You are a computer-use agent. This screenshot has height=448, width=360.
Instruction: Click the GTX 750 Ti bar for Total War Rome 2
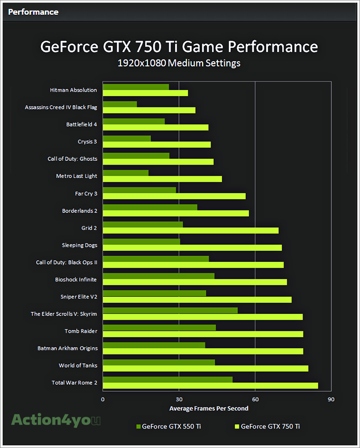point(210,385)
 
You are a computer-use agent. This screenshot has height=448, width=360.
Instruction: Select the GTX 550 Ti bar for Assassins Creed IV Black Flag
point(119,104)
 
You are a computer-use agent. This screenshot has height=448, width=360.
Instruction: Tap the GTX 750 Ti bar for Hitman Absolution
point(145,93)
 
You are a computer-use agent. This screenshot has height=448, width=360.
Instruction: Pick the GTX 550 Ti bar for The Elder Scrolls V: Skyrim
point(170,310)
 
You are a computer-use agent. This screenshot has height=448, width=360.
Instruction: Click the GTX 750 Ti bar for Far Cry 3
point(174,196)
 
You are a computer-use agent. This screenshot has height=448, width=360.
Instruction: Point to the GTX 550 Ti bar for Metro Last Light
point(125,173)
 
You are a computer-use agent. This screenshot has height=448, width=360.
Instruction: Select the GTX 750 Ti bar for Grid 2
point(190,230)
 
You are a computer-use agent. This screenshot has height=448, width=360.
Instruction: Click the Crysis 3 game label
point(87,141)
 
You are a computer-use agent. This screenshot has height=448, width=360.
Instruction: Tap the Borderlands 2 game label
point(79,211)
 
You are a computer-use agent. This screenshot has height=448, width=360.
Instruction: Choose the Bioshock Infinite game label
point(76,280)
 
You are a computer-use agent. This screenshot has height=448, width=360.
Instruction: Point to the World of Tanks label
point(78,365)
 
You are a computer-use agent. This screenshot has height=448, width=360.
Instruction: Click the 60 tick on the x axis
point(255,400)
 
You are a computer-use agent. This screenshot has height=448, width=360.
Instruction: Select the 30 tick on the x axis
point(179,400)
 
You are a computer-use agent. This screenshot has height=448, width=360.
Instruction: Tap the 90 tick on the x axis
point(331,400)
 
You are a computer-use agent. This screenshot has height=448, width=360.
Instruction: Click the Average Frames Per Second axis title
point(208,409)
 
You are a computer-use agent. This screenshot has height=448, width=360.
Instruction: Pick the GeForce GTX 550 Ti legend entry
point(168,426)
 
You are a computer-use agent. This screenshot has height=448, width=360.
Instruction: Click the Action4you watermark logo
point(56,420)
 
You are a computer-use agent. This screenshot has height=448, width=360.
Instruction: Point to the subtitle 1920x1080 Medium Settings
point(179,63)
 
